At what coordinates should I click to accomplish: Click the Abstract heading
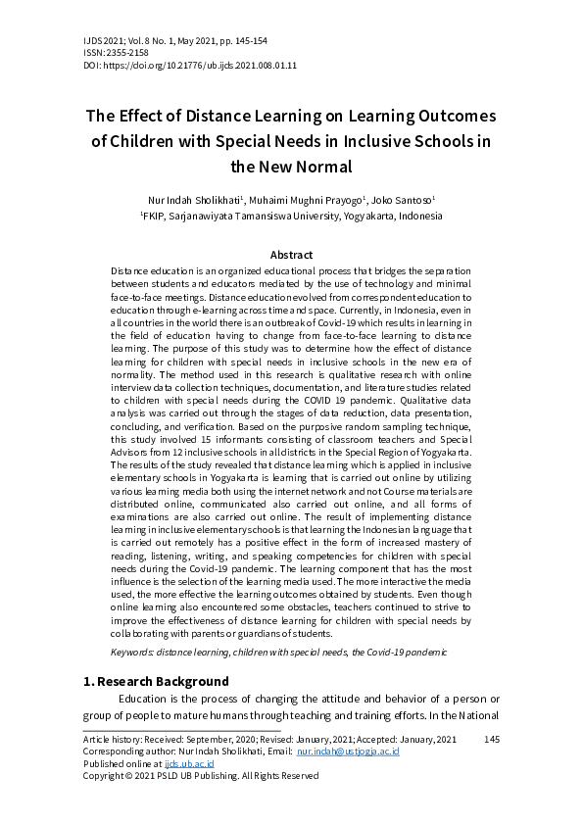point(291,255)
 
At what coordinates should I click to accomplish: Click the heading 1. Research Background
point(156,681)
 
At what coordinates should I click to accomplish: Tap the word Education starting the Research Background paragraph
point(147,699)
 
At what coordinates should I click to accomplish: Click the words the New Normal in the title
point(291,166)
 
